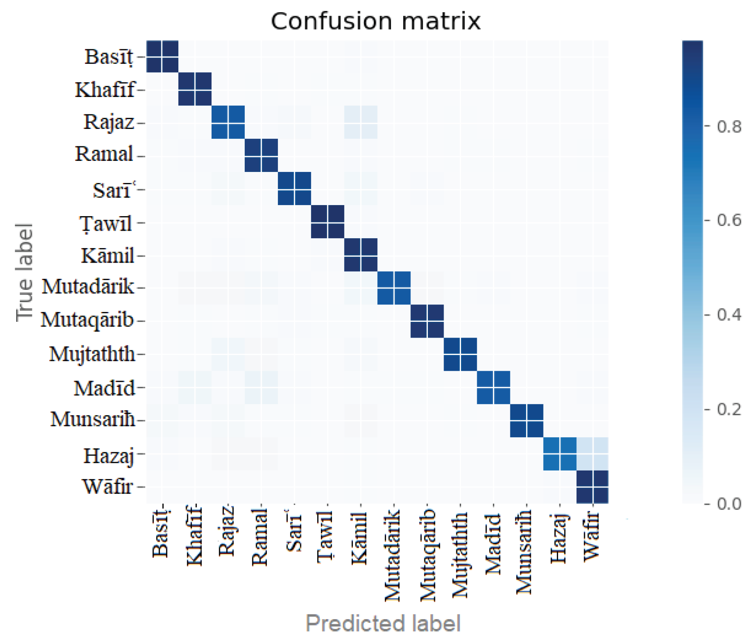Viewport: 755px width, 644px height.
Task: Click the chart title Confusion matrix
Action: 375,21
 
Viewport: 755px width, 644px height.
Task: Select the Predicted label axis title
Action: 383,623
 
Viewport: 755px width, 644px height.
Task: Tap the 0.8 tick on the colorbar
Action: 729,127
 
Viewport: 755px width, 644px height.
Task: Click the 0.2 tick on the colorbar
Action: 729,409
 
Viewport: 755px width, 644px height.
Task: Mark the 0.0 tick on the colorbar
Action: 729,504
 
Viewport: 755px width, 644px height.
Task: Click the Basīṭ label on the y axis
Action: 109,57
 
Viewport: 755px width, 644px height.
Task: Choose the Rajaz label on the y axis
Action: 109,122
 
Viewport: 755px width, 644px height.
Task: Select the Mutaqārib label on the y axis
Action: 87,320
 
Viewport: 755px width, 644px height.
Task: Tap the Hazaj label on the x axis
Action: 559,538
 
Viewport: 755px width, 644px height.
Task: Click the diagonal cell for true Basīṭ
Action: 162,56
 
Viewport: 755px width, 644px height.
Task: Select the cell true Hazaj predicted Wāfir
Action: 592,454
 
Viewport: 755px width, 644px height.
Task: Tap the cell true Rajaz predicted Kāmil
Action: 361,122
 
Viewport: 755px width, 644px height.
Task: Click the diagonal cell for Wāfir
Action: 592,487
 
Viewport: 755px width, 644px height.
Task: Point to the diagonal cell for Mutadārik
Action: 394,288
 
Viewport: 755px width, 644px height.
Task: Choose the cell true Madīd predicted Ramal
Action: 261,387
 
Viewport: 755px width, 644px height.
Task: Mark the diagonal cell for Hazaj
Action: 560,454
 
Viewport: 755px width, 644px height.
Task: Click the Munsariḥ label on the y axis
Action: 92,420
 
